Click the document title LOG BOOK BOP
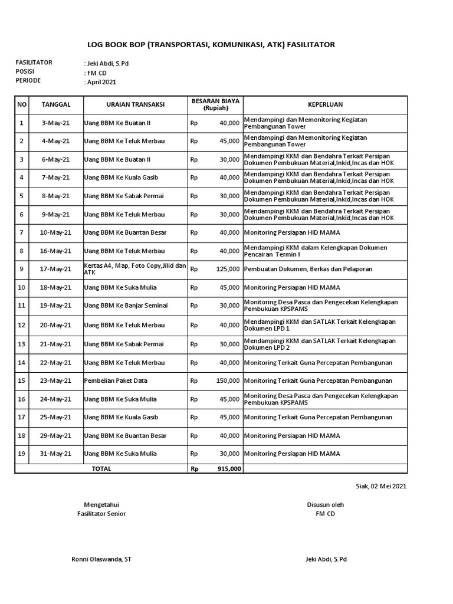pyautogui.click(x=211, y=44)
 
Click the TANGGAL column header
pyautogui.click(x=56, y=104)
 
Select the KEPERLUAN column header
pyautogui.click(x=325, y=104)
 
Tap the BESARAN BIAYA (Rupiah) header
pyautogui.click(x=215, y=104)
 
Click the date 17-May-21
pyautogui.click(x=56, y=269)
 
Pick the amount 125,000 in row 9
pyautogui.click(x=228, y=269)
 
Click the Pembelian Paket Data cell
pyautogui.click(x=116, y=380)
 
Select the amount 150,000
pyautogui.click(x=228, y=380)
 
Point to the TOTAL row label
pyautogui.click(x=101, y=469)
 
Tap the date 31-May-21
pyautogui.click(x=56, y=454)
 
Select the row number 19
pyautogui.click(x=22, y=454)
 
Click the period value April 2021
pyautogui.click(x=101, y=83)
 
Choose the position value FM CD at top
pyautogui.click(x=96, y=73)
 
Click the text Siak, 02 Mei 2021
pyautogui.click(x=381, y=487)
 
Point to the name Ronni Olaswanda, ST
pyautogui.click(x=101, y=559)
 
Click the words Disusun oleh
pyautogui.click(x=325, y=505)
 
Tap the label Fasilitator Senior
pyautogui.click(x=101, y=514)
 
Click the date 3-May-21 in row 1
pyautogui.click(x=56, y=123)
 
